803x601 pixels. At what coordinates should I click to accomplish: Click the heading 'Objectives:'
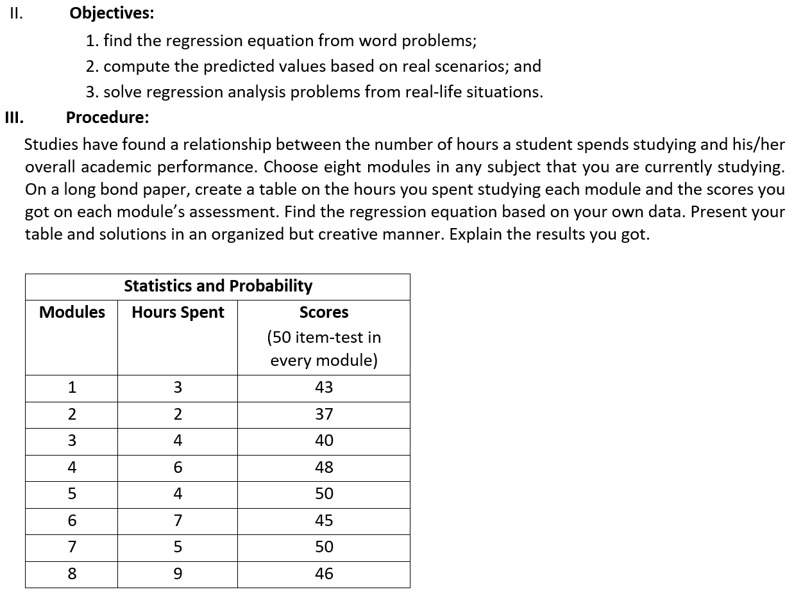(x=111, y=13)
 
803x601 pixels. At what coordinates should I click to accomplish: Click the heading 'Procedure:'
(x=107, y=117)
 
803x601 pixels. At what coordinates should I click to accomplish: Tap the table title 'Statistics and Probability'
(x=218, y=286)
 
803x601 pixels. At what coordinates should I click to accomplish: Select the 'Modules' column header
(x=72, y=312)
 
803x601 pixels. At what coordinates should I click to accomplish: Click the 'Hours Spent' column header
(x=178, y=312)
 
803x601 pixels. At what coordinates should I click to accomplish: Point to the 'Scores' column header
(x=324, y=312)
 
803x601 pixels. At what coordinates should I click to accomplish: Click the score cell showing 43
(x=324, y=387)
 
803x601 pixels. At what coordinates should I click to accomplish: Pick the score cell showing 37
(x=324, y=414)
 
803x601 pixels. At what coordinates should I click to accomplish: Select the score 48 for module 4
(x=324, y=467)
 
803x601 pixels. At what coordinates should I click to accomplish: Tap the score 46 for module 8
(x=324, y=573)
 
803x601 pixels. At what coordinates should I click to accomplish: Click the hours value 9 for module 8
(x=178, y=573)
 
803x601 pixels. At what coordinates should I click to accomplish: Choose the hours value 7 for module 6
(x=178, y=520)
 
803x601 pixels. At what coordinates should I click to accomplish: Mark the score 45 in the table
(x=324, y=520)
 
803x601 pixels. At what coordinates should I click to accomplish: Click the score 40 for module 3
(x=324, y=441)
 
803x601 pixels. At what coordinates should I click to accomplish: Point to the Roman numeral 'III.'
(x=14, y=117)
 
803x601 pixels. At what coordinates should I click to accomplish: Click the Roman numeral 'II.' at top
(x=16, y=13)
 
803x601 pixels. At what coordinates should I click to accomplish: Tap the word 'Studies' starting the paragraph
(x=49, y=144)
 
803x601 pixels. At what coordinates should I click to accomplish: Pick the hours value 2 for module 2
(x=178, y=414)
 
